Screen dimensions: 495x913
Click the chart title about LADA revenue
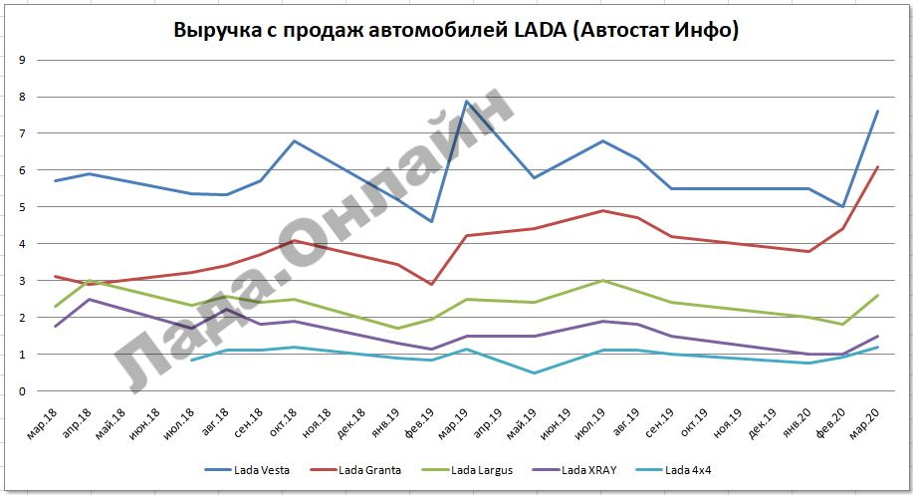pos(456,30)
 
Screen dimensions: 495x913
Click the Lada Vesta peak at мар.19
pos(466,101)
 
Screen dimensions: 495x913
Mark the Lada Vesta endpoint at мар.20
pos(877,111)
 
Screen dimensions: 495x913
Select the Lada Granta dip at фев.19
pos(431,285)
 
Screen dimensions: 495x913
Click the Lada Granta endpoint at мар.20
pos(877,166)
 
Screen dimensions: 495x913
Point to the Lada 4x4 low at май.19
pos(535,373)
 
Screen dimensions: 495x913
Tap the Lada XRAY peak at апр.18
pos(90,299)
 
